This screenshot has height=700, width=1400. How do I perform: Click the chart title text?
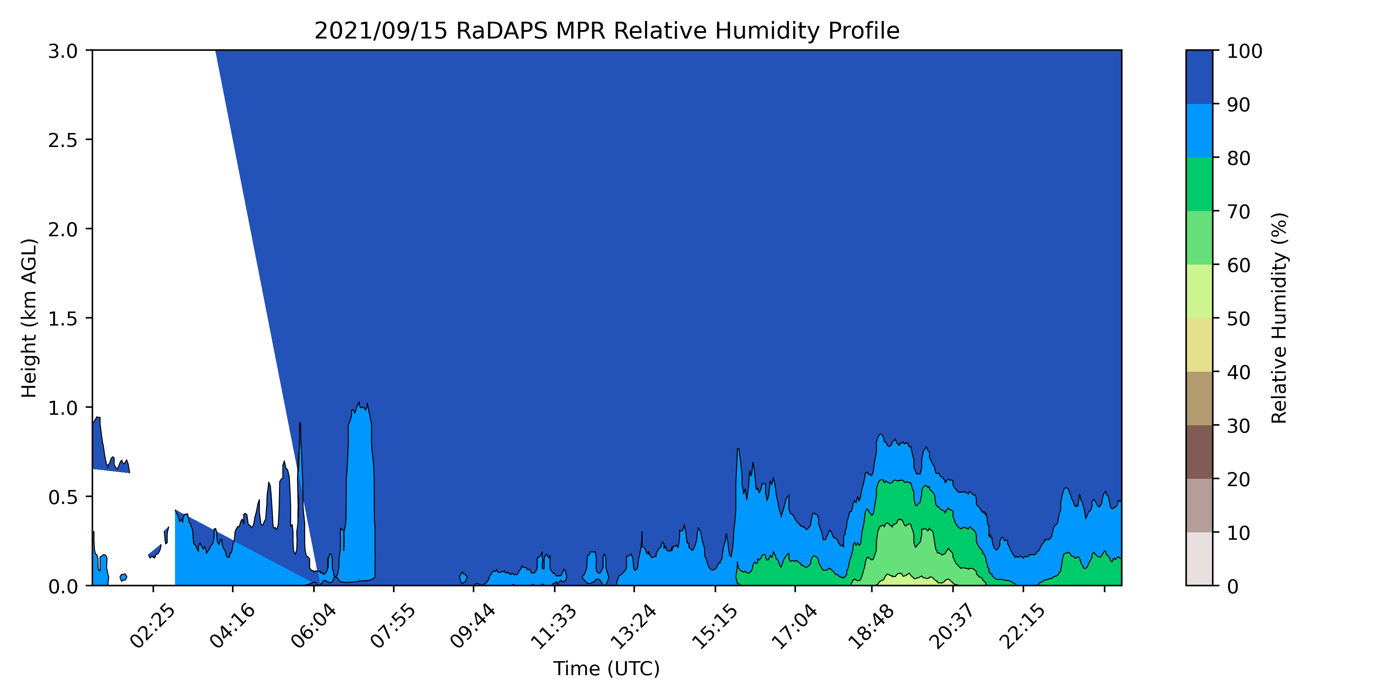pyautogui.click(x=607, y=31)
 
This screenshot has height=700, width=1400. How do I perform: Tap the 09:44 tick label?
pyautogui.click(x=473, y=626)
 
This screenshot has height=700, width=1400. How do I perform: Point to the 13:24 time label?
pyautogui.click(x=634, y=626)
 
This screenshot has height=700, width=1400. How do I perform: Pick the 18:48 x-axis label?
pyautogui.click(x=871, y=626)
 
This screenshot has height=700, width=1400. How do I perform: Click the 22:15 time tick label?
pyautogui.click(x=1022, y=626)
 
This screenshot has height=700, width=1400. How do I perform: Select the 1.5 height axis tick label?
pyautogui.click(x=63, y=319)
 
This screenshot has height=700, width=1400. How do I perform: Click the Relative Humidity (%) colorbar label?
pyautogui.click(x=1279, y=318)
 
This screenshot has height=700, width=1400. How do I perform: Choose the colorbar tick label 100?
pyautogui.click(x=1245, y=51)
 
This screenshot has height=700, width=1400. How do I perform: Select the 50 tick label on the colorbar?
pyautogui.click(x=1239, y=318)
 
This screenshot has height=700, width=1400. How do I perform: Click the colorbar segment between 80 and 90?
pyautogui.click(x=1199, y=131)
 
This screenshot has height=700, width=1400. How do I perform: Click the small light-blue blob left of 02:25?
pyautogui.click(x=123, y=577)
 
